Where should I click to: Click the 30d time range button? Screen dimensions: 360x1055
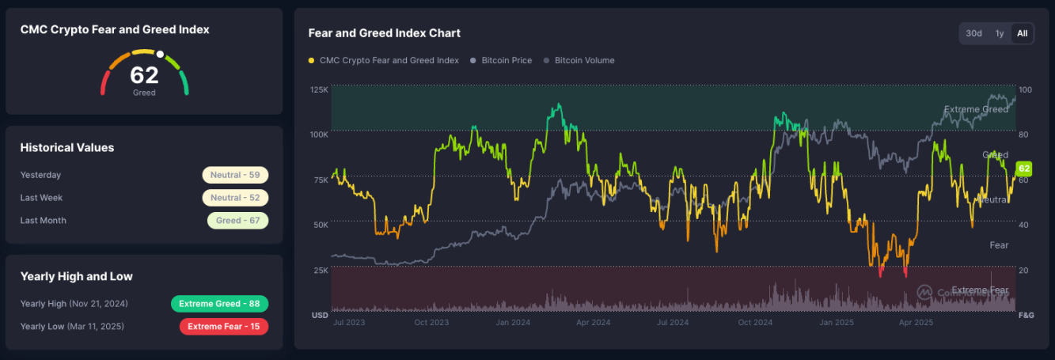click(x=973, y=33)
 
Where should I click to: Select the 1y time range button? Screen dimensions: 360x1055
click(x=1000, y=33)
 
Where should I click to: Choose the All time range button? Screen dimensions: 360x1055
click(x=1022, y=33)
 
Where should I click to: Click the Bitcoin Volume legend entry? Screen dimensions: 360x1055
click(x=584, y=60)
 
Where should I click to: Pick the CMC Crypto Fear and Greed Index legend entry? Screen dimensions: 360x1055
click(x=389, y=60)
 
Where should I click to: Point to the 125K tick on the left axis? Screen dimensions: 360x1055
click(x=319, y=89)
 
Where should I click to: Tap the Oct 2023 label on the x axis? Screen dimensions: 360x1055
click(x=432, y=323)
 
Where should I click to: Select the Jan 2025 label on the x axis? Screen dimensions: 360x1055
click(x=835, y=323)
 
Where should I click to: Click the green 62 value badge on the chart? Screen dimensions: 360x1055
click(x=1024, y=169)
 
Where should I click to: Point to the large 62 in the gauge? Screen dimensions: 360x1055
click(x=144, y=75)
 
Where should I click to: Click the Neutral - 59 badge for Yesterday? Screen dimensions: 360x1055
click(x=235, y=175)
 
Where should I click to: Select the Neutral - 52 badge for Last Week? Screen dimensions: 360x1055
click(x=235, y=198)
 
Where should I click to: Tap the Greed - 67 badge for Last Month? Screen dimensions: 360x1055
click(x=237, y=221)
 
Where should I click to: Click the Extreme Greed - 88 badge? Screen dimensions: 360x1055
click(x=219, y=304)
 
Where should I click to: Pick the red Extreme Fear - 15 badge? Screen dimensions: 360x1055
click(x=223, y=326)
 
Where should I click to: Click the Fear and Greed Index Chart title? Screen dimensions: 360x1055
click(x=384, y=33)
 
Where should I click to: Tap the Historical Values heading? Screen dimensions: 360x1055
click(x=67, y=148)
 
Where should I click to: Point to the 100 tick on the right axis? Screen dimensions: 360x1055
click(x=1025, y=89)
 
